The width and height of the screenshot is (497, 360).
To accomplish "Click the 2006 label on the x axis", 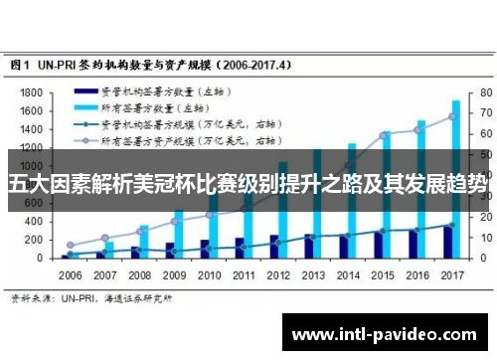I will click(72, 273).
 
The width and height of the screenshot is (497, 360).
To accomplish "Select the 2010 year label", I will click(208, 273).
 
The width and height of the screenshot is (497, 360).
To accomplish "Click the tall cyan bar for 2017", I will click(456, 179).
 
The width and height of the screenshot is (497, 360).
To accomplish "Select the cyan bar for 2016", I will click(420, 189).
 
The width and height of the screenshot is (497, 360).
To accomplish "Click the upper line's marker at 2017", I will click(451, 116).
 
